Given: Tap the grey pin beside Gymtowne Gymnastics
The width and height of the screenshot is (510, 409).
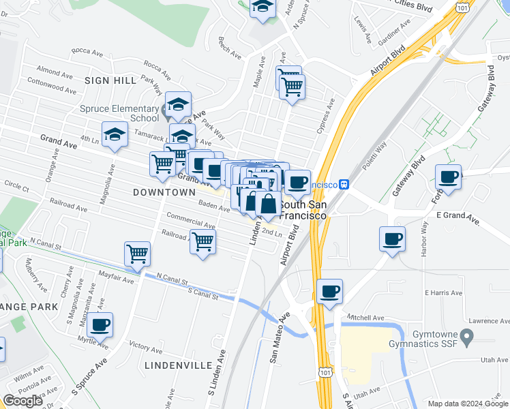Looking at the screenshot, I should coord(467,336).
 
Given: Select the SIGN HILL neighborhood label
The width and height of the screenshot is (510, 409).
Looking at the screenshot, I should coord(110,80).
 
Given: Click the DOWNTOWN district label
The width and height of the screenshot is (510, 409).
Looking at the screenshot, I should coord(164,193).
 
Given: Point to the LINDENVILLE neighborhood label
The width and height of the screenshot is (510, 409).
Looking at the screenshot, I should coord(179,365).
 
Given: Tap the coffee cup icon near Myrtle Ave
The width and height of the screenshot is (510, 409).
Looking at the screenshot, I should coord(100,324).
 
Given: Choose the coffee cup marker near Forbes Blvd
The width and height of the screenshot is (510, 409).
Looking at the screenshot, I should coord(449,177).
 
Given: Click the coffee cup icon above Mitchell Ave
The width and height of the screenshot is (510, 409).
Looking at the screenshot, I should coord(329,291).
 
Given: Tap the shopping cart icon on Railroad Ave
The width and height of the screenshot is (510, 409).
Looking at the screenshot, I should coord(203,241).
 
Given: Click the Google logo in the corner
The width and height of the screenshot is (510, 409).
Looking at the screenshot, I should coord(22,401).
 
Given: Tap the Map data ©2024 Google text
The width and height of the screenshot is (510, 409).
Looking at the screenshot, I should coord(468,404).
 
